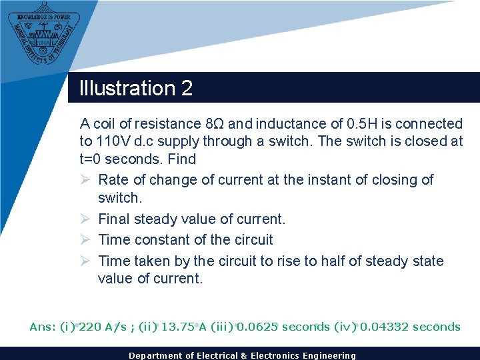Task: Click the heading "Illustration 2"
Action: click(136, 88)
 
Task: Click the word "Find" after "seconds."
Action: click(182, 159)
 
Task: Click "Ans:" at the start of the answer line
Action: click(43, 327)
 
